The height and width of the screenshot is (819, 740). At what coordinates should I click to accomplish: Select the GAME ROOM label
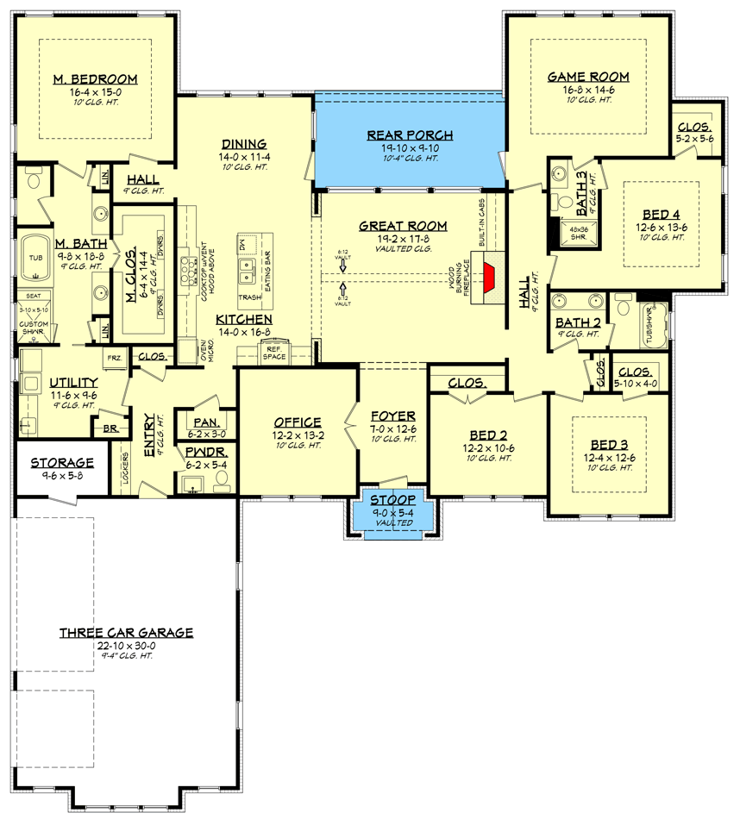(x=588, y=77)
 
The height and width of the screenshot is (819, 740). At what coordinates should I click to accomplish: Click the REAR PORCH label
(x=410, y=134)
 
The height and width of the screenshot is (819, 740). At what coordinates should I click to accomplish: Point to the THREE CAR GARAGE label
(x=126, y=633)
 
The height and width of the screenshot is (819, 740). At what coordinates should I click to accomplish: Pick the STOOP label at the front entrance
(x=393, y=500)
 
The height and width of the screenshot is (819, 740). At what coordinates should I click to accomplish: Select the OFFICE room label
(x=298, y=422)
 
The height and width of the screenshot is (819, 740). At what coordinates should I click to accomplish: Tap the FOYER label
(x=393, y=415)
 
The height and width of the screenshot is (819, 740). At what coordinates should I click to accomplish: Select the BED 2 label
(x=488, y=435)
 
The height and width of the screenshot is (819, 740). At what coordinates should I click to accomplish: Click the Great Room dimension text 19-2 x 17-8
(x=404, y=238)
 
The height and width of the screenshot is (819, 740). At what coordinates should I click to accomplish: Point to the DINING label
(x=242, y=144)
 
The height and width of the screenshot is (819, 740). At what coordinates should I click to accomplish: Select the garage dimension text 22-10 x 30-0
(x=126, y=645)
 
